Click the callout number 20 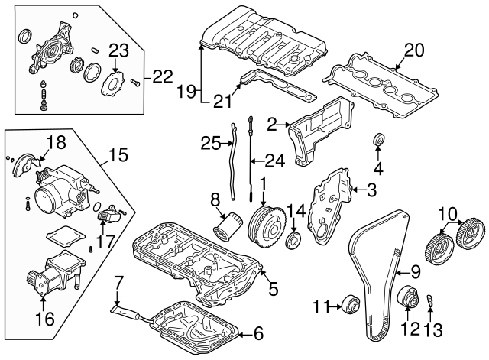413,50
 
